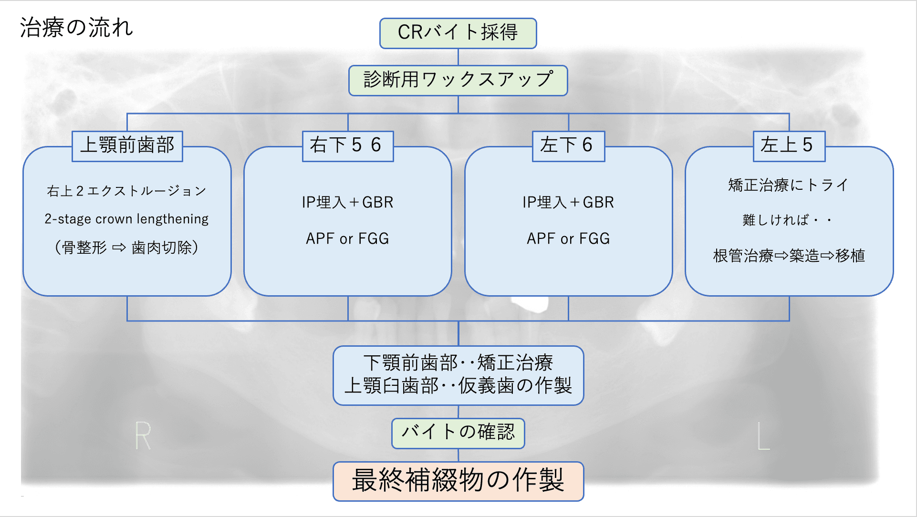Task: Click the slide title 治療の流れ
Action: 76,28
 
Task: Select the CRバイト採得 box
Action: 458,33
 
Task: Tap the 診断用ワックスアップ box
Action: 458,80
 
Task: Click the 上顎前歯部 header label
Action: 127,145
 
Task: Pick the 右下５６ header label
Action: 347,145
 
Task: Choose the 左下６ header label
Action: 568,145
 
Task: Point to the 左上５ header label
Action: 789,145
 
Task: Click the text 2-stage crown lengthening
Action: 126,219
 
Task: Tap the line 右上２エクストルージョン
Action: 126,191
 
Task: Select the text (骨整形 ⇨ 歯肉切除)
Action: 126,248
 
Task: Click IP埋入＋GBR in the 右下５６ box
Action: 347,202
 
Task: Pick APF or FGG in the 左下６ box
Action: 568,238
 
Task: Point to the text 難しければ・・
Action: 787,220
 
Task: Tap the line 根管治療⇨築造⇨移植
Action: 789,256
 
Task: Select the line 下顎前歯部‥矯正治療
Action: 458,363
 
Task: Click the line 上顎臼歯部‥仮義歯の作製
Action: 458,386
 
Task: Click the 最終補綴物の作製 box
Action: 458,481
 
